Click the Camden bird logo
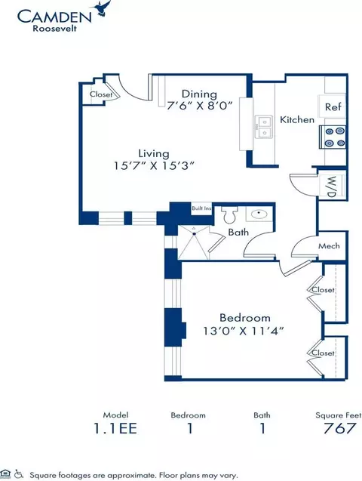coord(104,8)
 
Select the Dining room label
coord(199,94)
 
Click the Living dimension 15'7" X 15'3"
coord(155,165)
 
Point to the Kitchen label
coord(297,119)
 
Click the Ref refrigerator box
coord(333,106)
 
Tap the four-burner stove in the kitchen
coord(333,137)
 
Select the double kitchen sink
coord(263,127)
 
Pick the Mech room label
coord(329,245)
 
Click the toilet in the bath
coord(229,214)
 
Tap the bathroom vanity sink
coord(259,214)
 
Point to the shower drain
coord(194,234)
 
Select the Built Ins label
coord(201,208)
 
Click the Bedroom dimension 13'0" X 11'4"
coord(244,331)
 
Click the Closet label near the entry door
coord(101,94)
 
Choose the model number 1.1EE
coord(115,428)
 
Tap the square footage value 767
coord(339,428)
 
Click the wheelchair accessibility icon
coord(19,473)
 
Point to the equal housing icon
coord(6,473)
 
